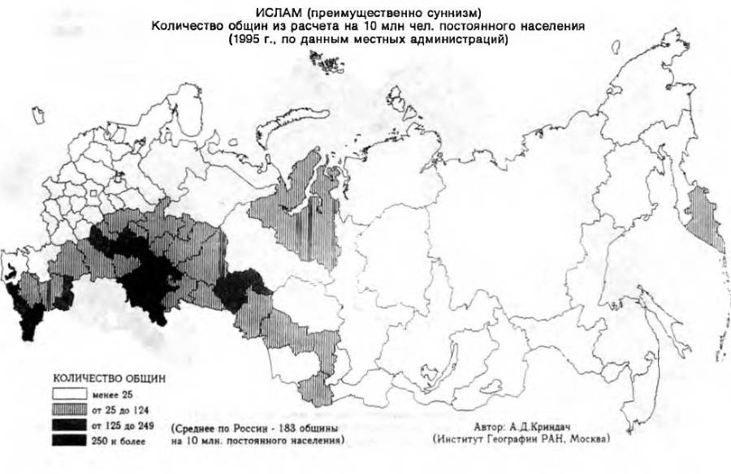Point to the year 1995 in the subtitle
click(x=244, y=41)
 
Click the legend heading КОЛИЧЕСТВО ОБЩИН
click(x=110, y=378)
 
